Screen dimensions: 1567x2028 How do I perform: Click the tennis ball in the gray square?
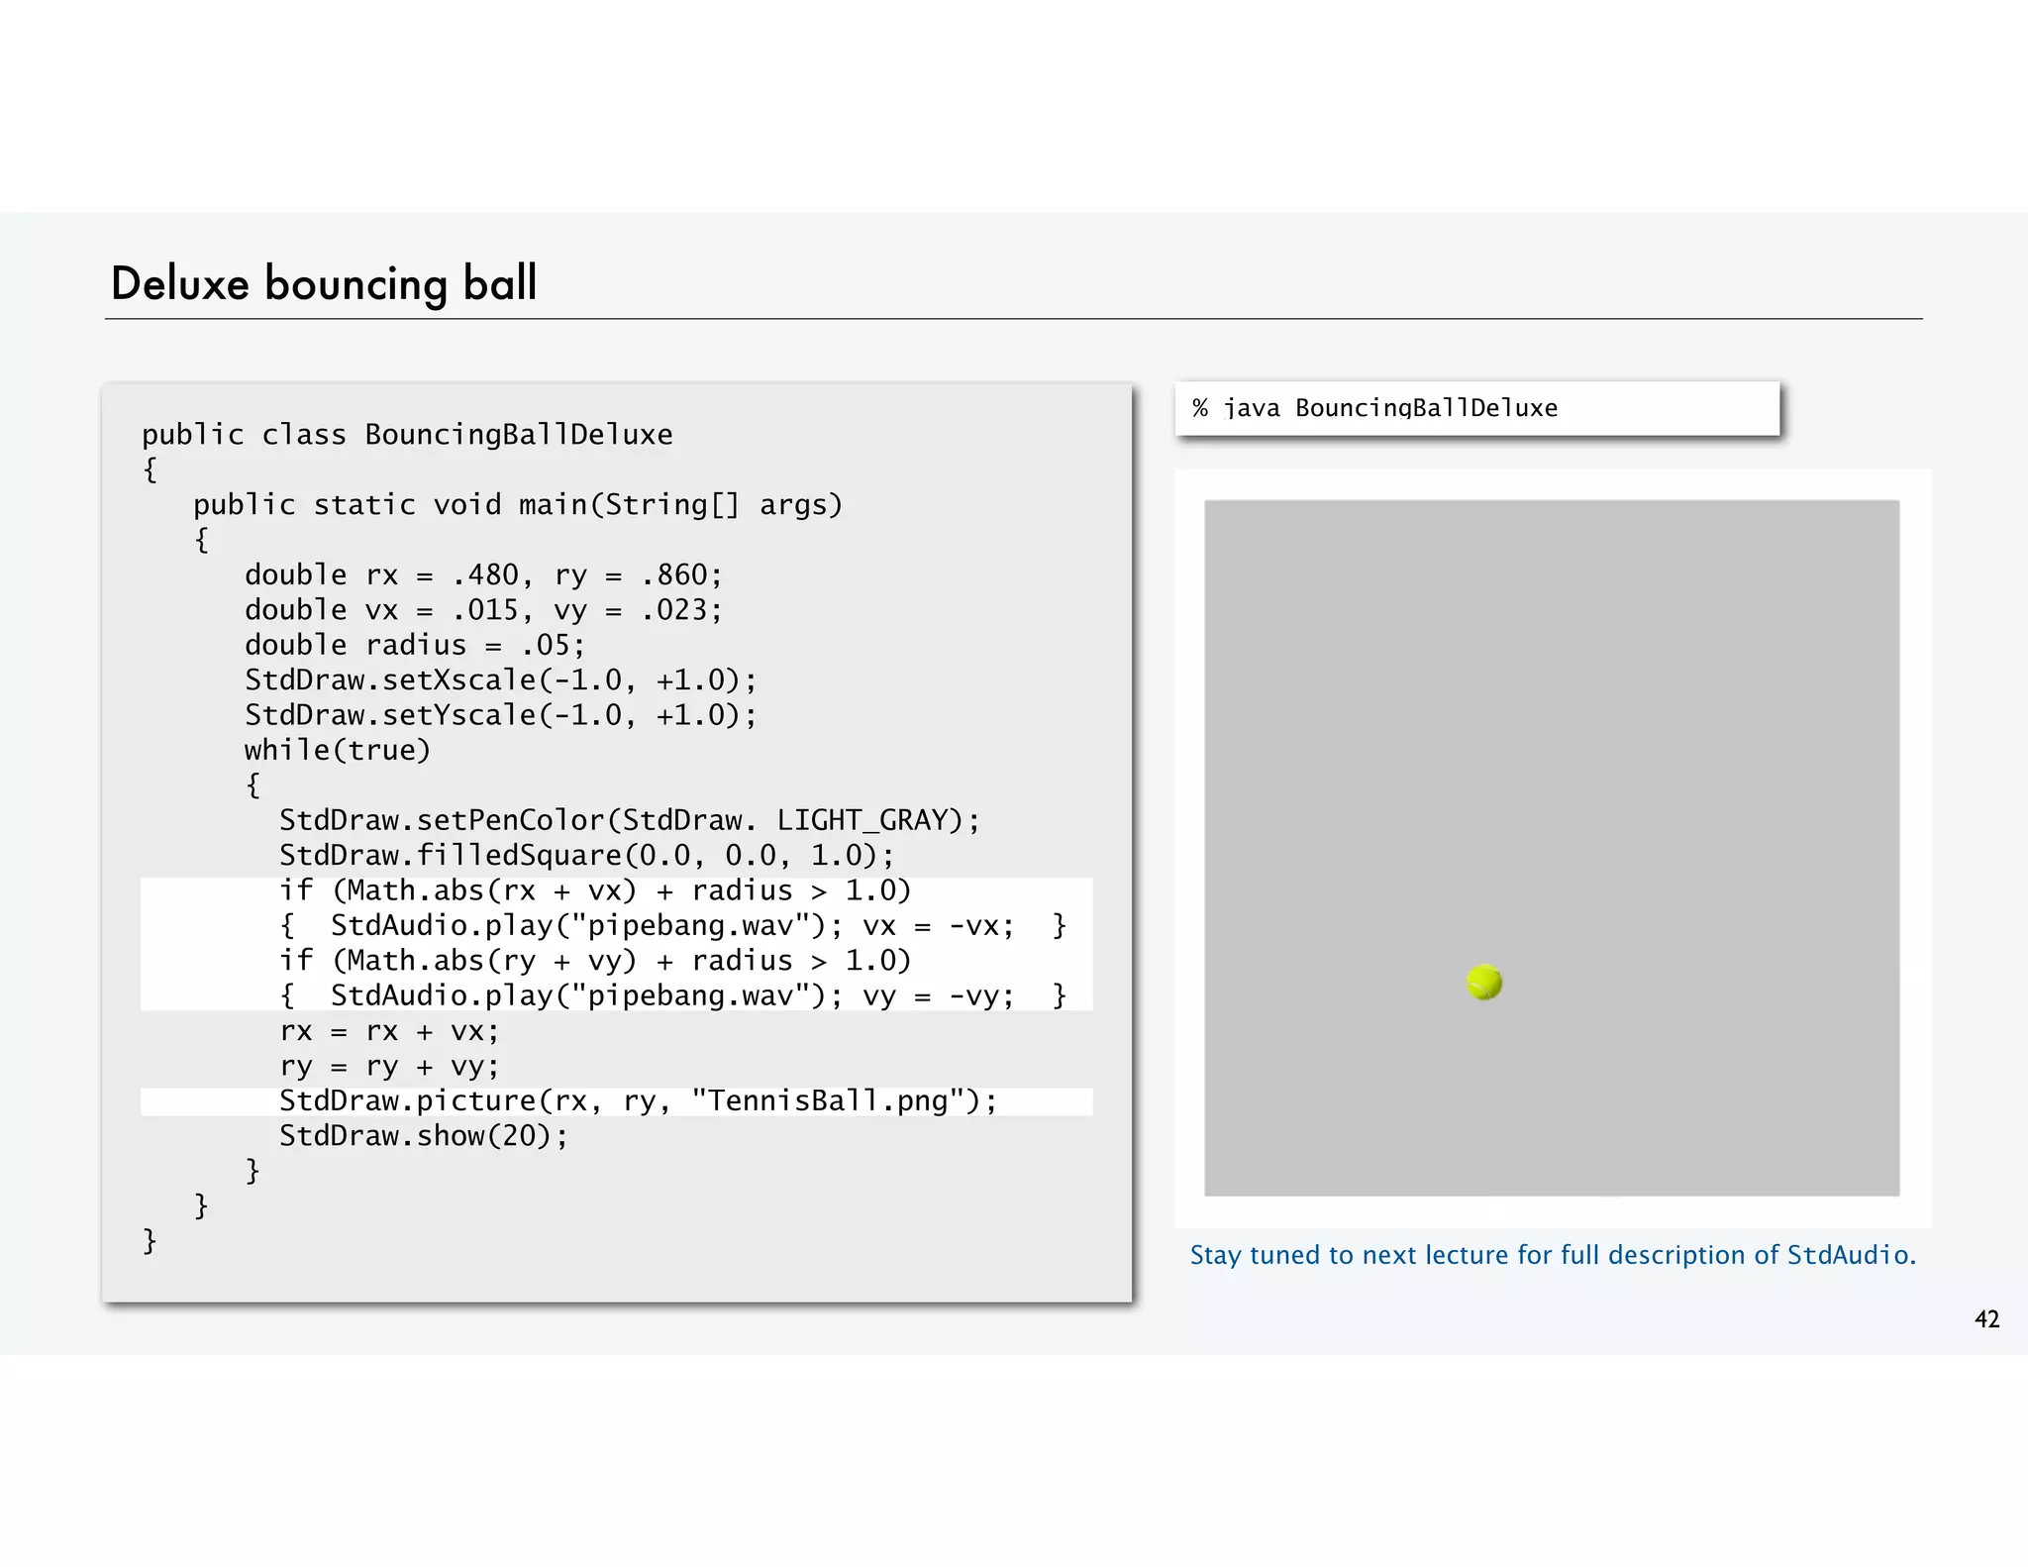point(1484,983)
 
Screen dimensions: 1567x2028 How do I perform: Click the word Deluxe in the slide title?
point(179,284)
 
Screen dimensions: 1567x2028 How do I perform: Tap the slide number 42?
point(1986,1319)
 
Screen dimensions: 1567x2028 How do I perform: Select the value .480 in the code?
point(485,575)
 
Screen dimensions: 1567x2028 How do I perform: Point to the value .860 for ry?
point(673,575)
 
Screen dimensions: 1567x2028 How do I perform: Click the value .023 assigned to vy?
point(673,610)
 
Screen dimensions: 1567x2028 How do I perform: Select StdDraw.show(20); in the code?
point(424,1136)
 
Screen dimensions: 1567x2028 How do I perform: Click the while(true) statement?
point(338,751)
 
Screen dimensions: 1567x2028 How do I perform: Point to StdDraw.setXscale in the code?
point(390,680)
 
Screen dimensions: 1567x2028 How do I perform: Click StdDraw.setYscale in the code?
point(390,715)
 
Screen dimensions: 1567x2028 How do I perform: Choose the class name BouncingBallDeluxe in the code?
point(519,435)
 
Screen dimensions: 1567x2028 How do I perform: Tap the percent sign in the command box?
point(1200,408)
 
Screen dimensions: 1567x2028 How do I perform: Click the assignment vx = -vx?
point(938,926)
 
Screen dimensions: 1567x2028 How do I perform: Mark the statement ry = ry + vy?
point(389,1067)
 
